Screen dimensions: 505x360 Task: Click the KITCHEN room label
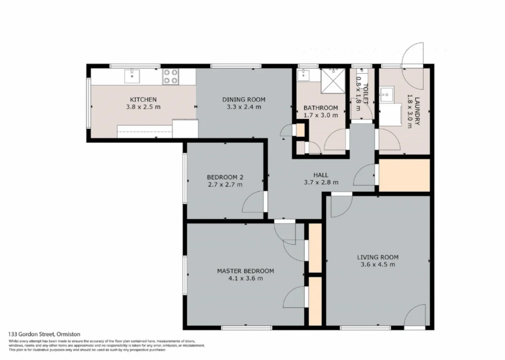pyautogui.click(x=143, y=100)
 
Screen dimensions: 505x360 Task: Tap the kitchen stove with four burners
pyautogui.click(x=170, y=77)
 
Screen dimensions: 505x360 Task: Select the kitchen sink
pyautogui.click(x=132, y=76)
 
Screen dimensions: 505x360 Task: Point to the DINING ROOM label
pyautogui.click(x=244, y=100)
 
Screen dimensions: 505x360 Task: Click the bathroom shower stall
pyautogui.click(x=333, y=81)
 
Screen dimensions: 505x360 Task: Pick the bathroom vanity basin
pyautogui.click(x=303, y=75)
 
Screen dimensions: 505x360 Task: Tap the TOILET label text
pyautogui.click(x=365, y=94)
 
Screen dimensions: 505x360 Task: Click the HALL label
pyautogui.click(x=321, y=175)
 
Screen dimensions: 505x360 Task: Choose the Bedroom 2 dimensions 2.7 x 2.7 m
pyautogui.click(x=225, y=184)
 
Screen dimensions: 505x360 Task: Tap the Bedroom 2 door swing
pyautogui.click(x=253, y=202)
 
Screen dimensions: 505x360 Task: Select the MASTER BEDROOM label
pyautogui.click(x=246, y=271)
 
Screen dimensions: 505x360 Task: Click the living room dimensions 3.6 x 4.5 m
pyautogui.click(x=378, y=264)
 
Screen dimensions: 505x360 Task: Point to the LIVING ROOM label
pyautogui.click(x=378, y=257)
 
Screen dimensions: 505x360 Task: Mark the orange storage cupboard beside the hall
pyautogui.click(x=404, y=175)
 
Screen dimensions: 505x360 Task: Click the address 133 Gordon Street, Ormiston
pyautogui.click(x=44, y=334)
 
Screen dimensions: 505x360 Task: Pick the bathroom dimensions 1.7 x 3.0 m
pyautogui.click(x=321, y=115)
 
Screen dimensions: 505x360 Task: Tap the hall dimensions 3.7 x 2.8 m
pyautogui.click(x=321, y=182)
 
